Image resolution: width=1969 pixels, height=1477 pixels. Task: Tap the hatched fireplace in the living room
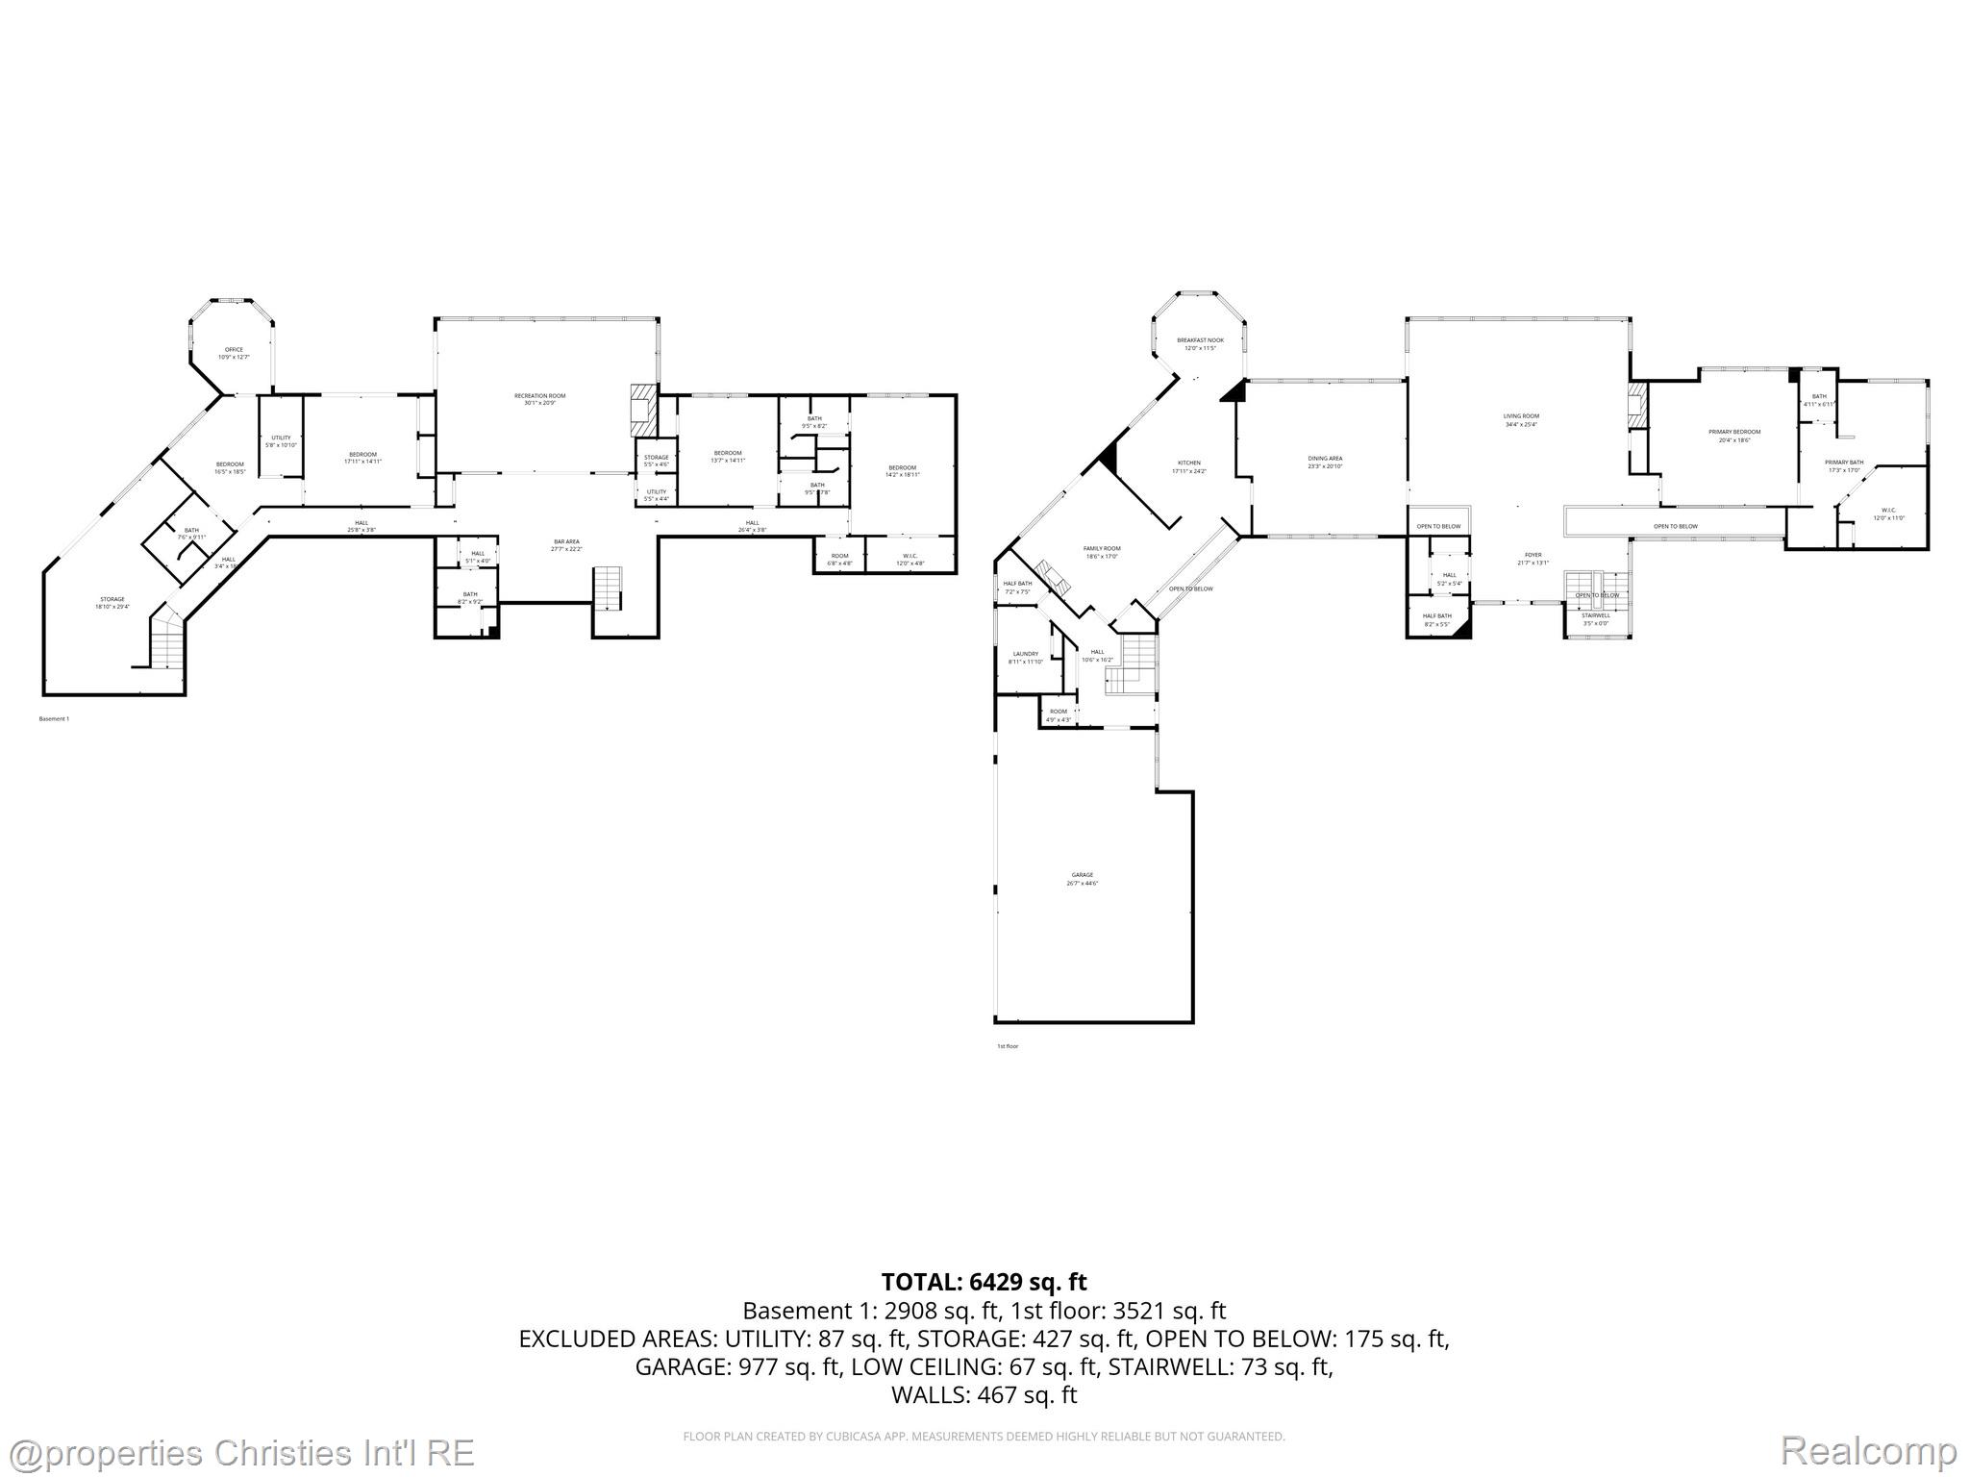(1637, 403)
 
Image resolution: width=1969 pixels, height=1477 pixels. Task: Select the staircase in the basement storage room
(166, 639)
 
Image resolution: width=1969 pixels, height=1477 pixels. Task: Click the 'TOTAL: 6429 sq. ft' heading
(984, 1282)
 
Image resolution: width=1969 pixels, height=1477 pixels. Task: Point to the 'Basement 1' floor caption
(54, 719)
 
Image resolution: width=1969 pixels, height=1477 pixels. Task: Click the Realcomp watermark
(1868, 1450)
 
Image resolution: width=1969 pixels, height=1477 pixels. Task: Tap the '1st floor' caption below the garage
(1007, 1045)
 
